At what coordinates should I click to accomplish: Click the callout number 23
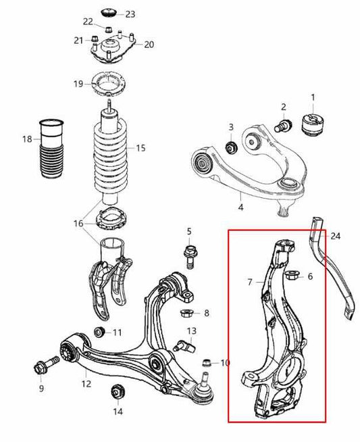click(130, 14)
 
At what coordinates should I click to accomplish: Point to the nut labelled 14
click(118, 391)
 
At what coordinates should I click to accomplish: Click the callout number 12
click(86, 385)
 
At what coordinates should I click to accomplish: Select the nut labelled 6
click(293, 276)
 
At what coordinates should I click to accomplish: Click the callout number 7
click(250, 281)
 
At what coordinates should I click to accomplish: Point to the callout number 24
click(336, 236)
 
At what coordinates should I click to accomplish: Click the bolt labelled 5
click(189, 255)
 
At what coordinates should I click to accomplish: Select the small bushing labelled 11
click(99, 331)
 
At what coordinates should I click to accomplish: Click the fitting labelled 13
click(183, 345)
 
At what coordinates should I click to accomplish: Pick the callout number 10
click(224, 363)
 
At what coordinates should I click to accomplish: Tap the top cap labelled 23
click(108, 13)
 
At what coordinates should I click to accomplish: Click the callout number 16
click(79, 223)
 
